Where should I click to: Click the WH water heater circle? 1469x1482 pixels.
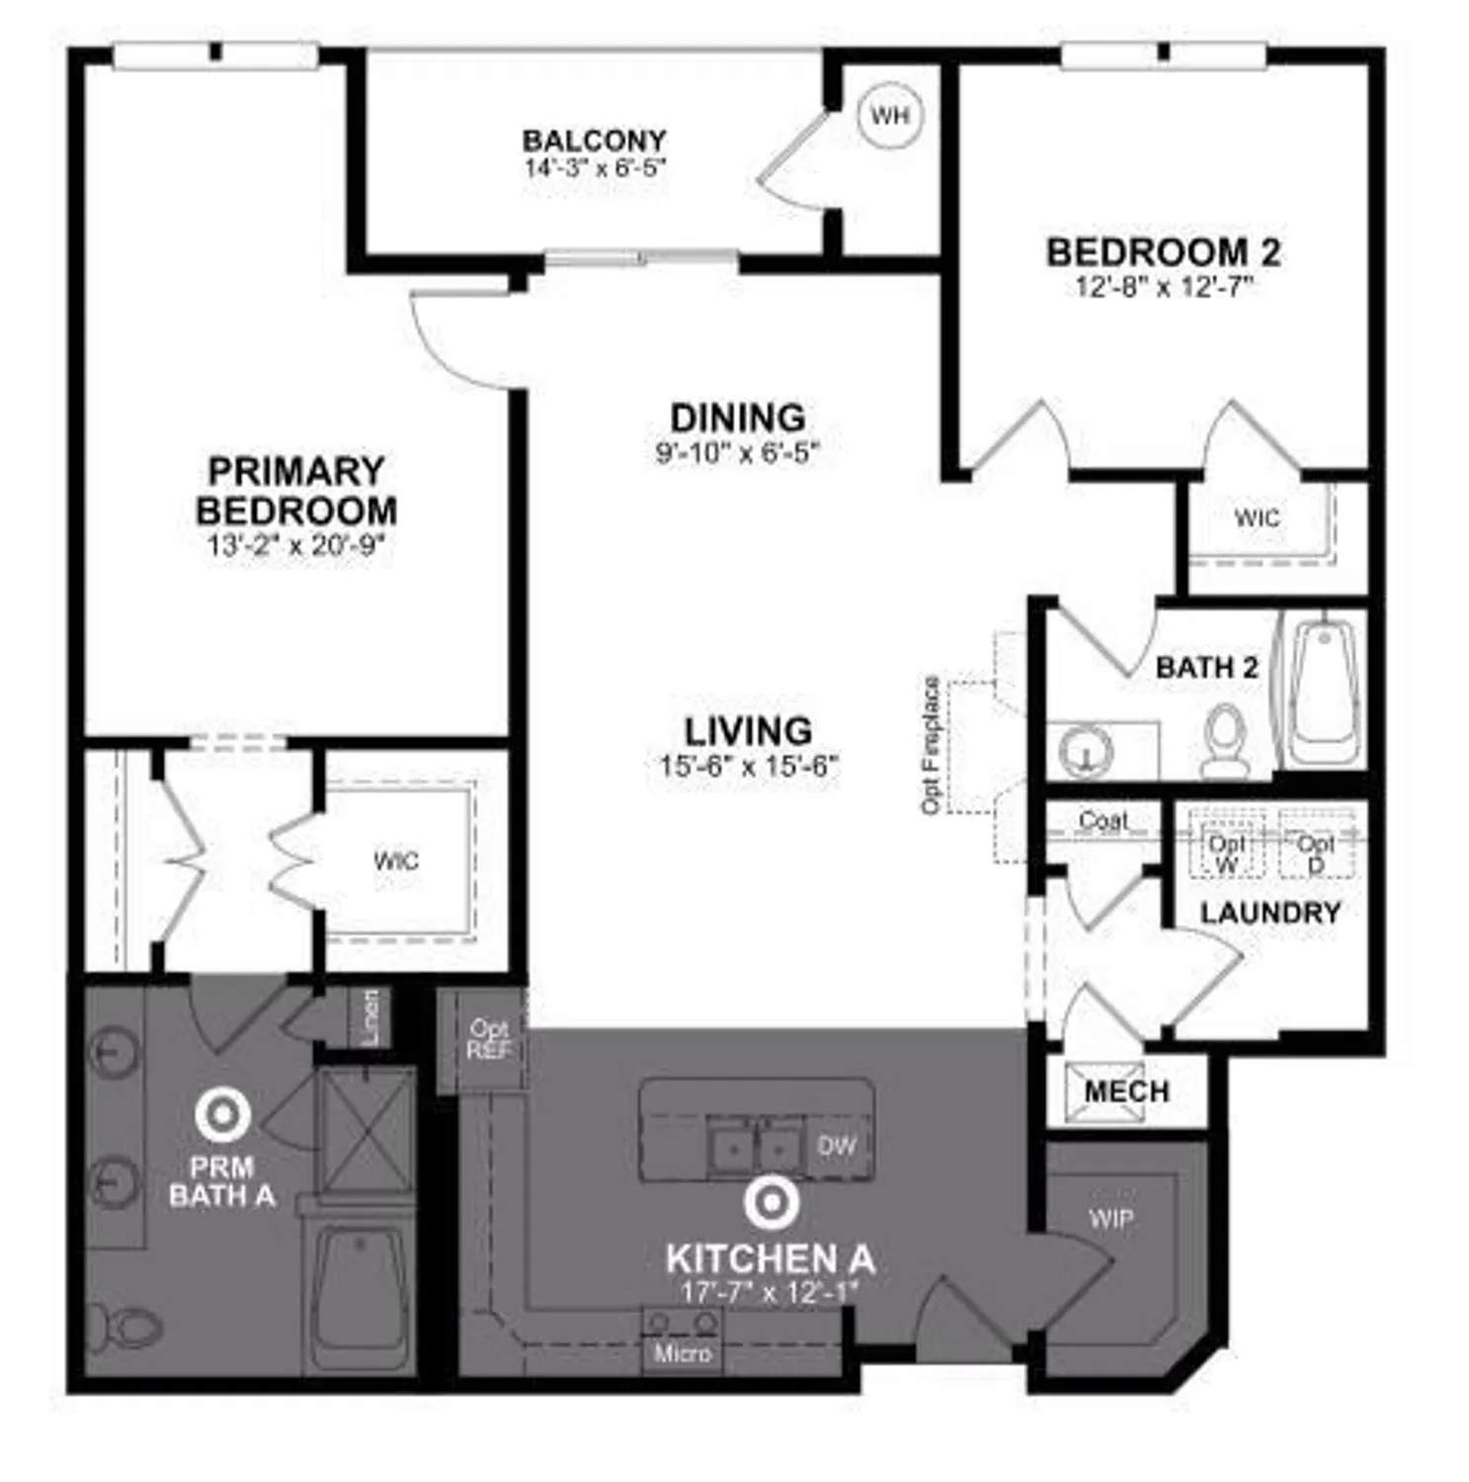point(889,116)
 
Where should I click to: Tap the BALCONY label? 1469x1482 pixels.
point(594,140)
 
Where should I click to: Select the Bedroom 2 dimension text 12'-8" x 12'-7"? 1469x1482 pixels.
point(1164,288)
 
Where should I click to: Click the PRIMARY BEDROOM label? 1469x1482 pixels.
point(296,490)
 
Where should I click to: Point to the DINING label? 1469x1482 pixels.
point(737,418)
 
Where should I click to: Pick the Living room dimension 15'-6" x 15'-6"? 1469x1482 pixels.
point(749,766)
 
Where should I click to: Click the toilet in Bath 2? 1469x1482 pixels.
point(1225,740)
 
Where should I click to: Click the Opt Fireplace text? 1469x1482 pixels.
point(931,745)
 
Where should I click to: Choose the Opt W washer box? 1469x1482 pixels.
point(1226,843)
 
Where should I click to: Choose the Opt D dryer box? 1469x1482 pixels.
point(1315,843)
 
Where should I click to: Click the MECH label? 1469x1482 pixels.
point(1126,1092)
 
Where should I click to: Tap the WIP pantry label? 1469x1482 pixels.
point(1111,1219)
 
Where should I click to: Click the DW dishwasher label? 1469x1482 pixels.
point(837,1146)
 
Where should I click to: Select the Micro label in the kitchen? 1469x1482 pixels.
point(683,1353)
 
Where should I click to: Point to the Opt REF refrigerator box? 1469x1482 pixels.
point(489,1039)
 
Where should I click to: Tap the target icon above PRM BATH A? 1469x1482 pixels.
point(222,1114)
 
